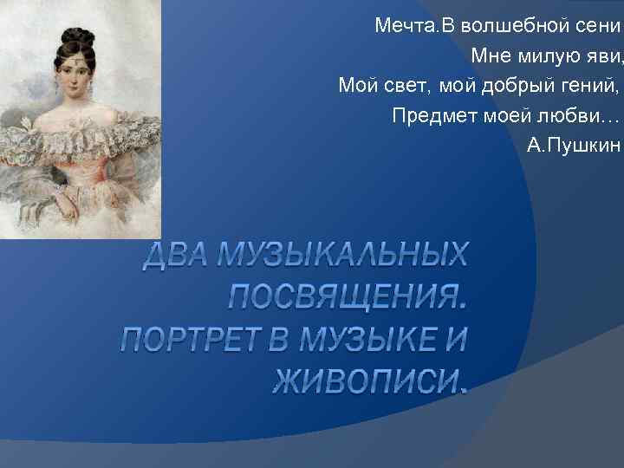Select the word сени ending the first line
(600, 26)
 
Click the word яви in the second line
(604, 55)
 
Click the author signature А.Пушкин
(574, 144)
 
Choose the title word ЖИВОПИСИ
(368, 380)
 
